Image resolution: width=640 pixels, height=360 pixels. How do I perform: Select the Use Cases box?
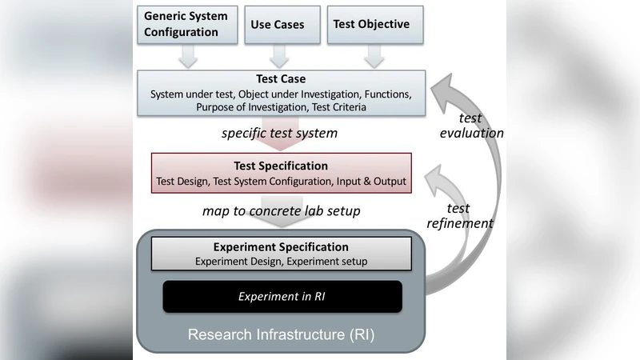[x=278, y=24]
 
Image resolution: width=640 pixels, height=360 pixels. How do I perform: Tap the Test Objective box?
[x=371, y=24]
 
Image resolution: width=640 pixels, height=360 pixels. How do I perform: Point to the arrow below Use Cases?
[x=278, y=56]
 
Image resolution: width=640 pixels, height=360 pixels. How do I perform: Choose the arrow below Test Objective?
[x=371, y=56]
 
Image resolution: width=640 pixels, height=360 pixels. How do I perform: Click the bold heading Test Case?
[x=281, y=79]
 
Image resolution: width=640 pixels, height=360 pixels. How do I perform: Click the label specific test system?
[x=279, y=133]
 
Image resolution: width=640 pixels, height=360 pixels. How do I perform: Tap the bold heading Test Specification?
[x=281, y=166]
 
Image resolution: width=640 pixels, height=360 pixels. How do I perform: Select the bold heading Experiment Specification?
[x=281, y=247]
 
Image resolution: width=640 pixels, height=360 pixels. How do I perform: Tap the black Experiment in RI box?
[x=281, y=296]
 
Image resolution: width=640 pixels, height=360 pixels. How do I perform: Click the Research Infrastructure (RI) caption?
[x=281, y=334]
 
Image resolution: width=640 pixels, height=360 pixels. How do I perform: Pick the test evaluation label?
[x=472, y=126]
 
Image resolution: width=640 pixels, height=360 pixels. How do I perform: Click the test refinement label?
[x=459, y=216]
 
